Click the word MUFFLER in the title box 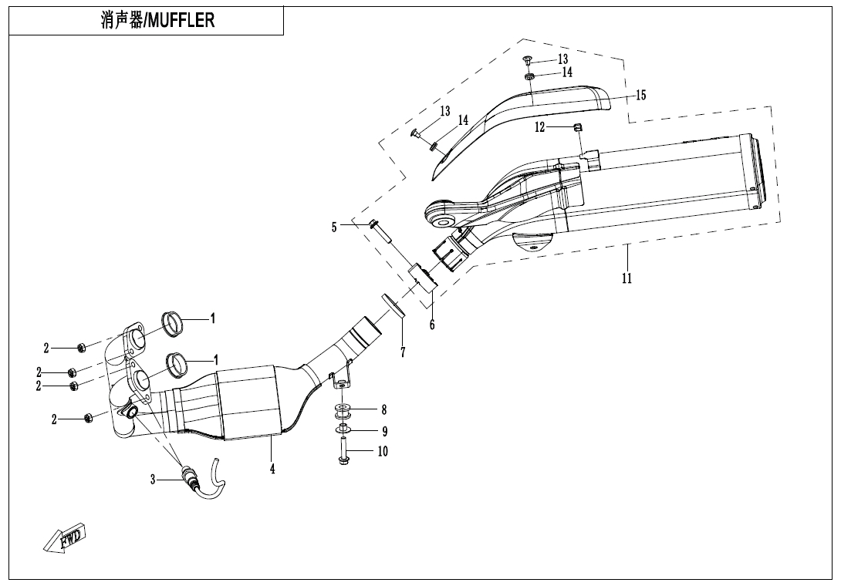tap(181, 20)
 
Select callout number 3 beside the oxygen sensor tap(154, 480)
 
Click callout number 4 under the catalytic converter tap(272, 468)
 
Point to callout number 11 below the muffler tap(627, 278)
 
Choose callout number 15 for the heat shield tap(640, 96)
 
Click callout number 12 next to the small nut tap(540, 127)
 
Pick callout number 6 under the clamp tap(432, 325)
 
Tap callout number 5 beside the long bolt tap(334, 227)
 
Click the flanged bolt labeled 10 tap(343, 452)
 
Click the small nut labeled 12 tap(576, 127)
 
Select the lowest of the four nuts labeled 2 tap(88, 418)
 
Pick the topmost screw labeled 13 tap(526, 59)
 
